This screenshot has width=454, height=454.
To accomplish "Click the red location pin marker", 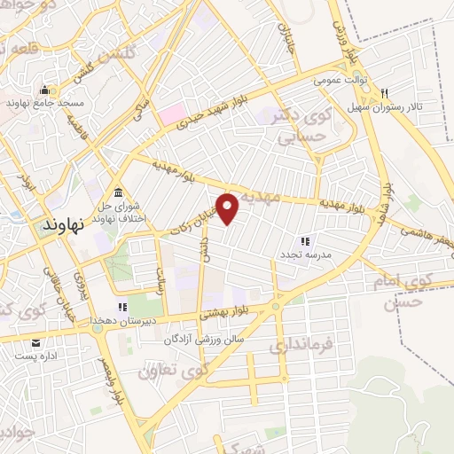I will point(228,208).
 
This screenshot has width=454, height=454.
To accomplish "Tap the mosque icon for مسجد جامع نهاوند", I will point(44,90).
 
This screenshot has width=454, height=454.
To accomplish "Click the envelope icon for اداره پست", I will point(36,342).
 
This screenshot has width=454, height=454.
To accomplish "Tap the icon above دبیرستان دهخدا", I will point(122,307).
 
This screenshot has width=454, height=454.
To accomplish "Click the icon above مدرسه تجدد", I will point(304,240).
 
